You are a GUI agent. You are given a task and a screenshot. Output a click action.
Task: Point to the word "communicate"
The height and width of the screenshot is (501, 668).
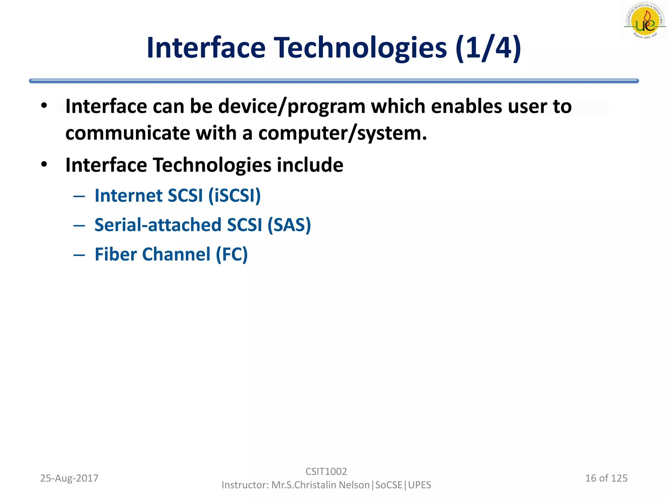128,133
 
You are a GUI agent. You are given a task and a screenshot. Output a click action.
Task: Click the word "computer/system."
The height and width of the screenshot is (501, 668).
342,133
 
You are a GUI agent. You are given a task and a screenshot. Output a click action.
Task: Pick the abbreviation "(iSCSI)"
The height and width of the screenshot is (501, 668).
235,196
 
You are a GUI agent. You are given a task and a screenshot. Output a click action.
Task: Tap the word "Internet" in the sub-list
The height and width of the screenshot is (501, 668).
128,196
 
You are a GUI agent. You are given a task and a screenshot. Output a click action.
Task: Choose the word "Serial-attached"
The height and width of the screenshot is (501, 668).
158,225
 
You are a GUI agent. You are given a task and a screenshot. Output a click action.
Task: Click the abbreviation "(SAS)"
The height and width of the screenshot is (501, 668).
289,225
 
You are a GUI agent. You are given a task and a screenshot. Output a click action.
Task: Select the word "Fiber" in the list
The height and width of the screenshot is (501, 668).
115,254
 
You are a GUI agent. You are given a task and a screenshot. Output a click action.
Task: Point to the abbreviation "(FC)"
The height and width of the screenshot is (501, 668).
232,254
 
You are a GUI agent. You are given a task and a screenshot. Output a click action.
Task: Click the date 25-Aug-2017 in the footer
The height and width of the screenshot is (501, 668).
69,478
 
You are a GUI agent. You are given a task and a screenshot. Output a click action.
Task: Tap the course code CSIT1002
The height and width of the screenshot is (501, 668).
326,471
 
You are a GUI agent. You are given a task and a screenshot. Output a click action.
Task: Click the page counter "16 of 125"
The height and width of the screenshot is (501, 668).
606,478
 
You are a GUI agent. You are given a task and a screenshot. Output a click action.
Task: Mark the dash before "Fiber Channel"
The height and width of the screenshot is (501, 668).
79,255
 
